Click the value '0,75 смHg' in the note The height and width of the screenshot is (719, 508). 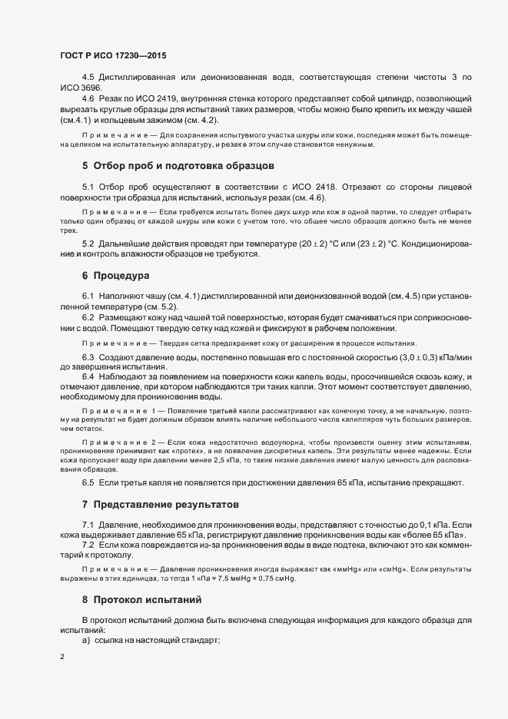point(274,578)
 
